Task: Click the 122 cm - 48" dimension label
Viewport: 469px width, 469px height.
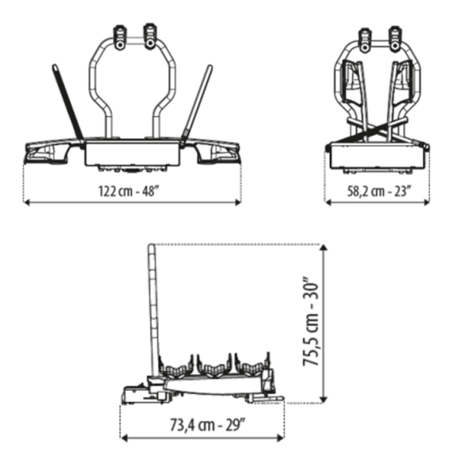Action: (128, 191)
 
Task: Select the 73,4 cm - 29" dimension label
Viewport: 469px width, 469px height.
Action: (208, 425)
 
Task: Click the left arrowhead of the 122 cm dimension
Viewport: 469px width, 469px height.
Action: (26, 202)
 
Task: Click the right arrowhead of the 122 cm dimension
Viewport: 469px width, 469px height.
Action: (238, 202)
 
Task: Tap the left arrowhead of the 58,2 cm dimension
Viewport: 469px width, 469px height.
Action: (327, 202)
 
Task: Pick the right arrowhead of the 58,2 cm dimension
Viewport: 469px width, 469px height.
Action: (426, 202)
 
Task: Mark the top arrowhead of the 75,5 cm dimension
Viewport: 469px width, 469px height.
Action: (323, 247)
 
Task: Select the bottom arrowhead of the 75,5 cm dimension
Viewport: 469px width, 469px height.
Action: (323, 400)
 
